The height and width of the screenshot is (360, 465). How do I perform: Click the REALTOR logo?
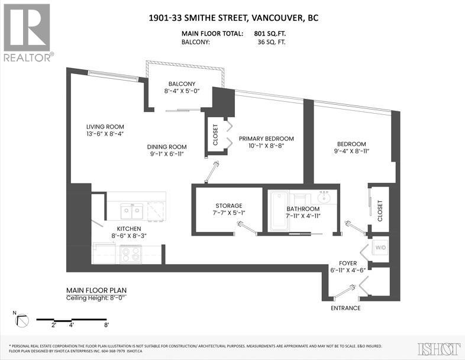(x=27, y=33)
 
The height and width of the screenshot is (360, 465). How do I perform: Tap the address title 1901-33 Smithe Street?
(x=234, y=18)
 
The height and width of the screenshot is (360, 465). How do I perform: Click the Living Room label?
(x=105, y=127)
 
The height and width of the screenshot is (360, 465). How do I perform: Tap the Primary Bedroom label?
(x=266, y=139)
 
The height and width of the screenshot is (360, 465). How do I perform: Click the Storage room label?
(x=228, y=205)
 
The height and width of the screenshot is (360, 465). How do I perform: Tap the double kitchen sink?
(x=131, y=211)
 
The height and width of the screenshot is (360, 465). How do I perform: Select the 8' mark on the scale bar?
(x=106, y=325)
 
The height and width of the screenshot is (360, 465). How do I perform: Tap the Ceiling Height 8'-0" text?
(x=96, y=298)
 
